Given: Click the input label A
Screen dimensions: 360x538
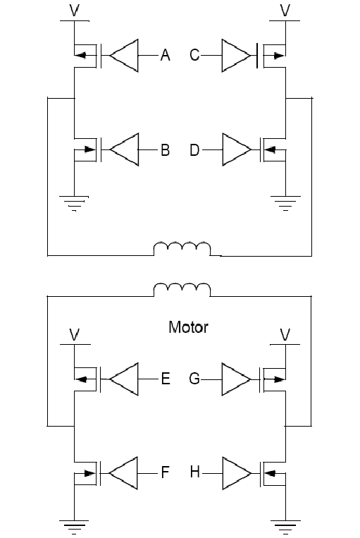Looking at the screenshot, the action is point(166,55).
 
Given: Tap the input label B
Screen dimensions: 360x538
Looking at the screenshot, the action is point(166,150).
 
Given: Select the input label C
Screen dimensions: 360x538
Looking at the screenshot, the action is point(194,55).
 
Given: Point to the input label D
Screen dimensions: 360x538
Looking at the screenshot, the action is point(194,150).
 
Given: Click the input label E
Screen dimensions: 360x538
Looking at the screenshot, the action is point(166,379).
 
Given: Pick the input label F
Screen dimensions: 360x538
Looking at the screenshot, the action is point(166,472).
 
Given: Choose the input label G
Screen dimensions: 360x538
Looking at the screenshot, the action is point(194,379).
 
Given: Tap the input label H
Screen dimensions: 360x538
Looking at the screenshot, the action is point(194,472).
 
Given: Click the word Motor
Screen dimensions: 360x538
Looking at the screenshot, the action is point(188,327).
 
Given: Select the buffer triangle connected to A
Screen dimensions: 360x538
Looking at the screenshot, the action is point(125,55).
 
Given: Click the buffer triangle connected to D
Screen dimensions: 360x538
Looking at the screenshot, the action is point(237,149).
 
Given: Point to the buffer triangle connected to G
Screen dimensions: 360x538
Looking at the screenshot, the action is point(236,379).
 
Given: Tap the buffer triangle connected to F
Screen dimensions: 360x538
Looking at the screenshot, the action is point(123,473).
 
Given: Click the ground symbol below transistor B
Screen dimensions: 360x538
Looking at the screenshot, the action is point(74,203).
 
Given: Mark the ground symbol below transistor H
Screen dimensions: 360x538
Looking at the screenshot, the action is point(285,527).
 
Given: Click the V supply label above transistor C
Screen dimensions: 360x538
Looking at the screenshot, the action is point(285,10).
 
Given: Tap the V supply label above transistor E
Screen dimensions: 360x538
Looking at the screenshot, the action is point(75,334).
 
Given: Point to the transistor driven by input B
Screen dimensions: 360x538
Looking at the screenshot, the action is point(87,149).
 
